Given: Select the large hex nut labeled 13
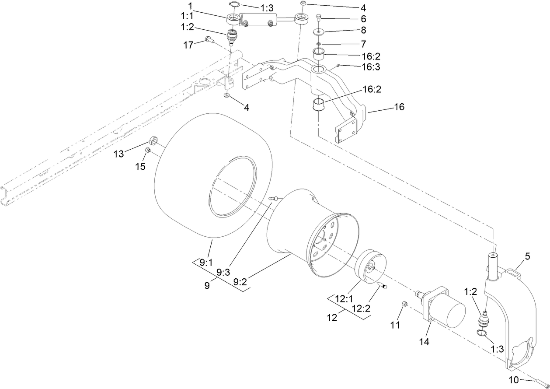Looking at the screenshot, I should coord(153,140).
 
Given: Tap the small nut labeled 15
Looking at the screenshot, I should coord(148,150).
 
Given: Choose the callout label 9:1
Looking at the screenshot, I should coord(205,263).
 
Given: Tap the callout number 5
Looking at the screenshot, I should coord(527,257).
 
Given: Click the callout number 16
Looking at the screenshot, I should coord(399,107).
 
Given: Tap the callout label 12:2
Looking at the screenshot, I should coord(361,308).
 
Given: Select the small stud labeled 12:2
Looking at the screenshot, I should coord(383,286).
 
